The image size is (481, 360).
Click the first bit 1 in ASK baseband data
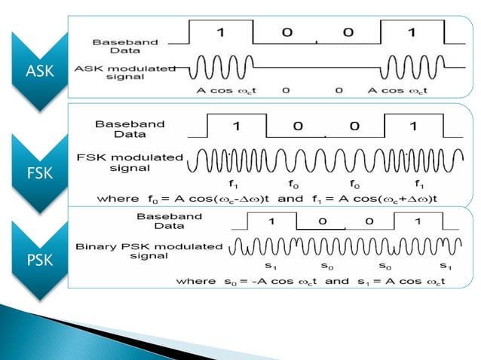click(220, 32)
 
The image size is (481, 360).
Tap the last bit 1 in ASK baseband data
click(411, 32)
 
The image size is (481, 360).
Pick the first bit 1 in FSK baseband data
click(236, 127)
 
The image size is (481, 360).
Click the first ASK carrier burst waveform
click(220, 69)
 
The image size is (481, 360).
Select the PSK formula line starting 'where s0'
click(309, 281)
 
